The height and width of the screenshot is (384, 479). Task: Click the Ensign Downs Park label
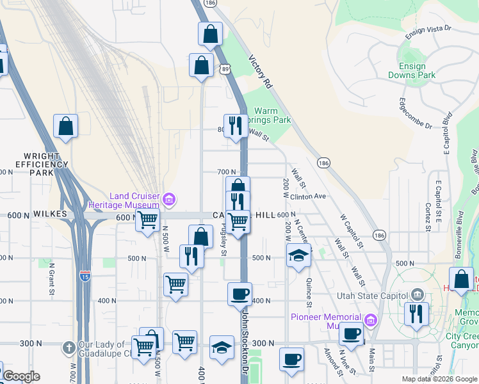tap(412, 70)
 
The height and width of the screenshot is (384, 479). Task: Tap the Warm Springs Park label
tap(273, 115)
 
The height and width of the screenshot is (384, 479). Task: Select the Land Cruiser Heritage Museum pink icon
tap(168, 200)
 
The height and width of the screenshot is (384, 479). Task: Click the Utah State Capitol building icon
tap(418, 295)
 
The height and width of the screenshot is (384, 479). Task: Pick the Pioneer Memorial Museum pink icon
tap(370, 320)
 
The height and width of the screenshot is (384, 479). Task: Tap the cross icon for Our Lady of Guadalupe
tap(69, 348)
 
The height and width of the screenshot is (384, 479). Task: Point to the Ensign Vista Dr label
tap(429, 29)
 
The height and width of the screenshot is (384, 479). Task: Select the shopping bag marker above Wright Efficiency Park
tap(65, 127)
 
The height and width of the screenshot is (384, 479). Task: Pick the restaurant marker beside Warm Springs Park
tap(235, 125)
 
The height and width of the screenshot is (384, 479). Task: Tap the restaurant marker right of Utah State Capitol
tap(417, 314)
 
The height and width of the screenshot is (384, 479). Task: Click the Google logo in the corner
tap(21, 376)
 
